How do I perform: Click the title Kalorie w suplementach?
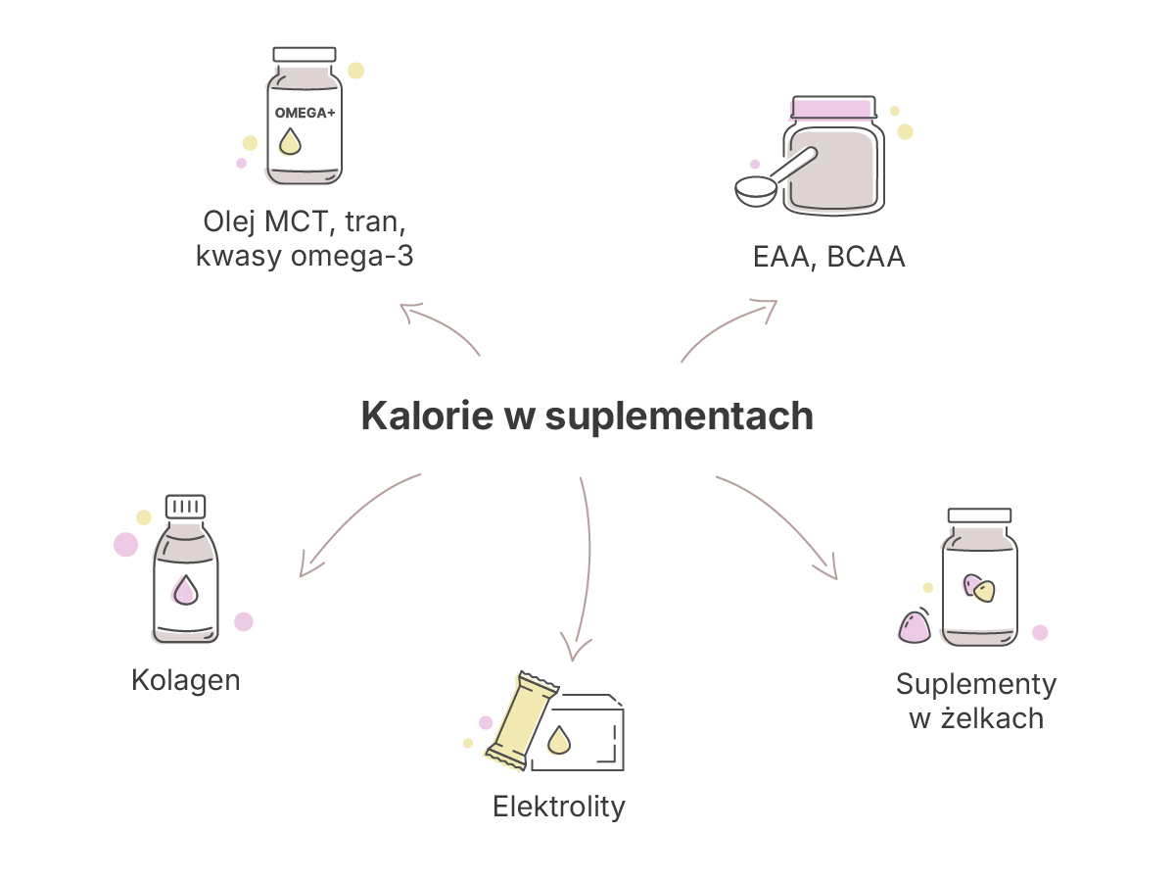(587, 416)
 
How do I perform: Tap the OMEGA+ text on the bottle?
(305, 113)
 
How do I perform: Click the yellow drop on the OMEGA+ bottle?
(290, 141)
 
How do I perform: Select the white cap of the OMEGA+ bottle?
(305, 55)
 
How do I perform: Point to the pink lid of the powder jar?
(833, 108)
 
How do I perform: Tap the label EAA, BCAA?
(828, 257)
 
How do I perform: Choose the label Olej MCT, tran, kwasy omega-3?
(305, 238)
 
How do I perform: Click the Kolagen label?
(186, 681)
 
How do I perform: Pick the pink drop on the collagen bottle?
(185, 591)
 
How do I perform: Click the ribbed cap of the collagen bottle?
(185, 507)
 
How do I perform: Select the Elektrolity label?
(559, 807)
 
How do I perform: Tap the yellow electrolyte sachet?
(521, 721)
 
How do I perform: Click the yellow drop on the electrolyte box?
(559, 740)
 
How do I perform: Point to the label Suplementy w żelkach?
(976, 701)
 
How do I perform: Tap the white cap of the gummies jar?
(979, 515)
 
